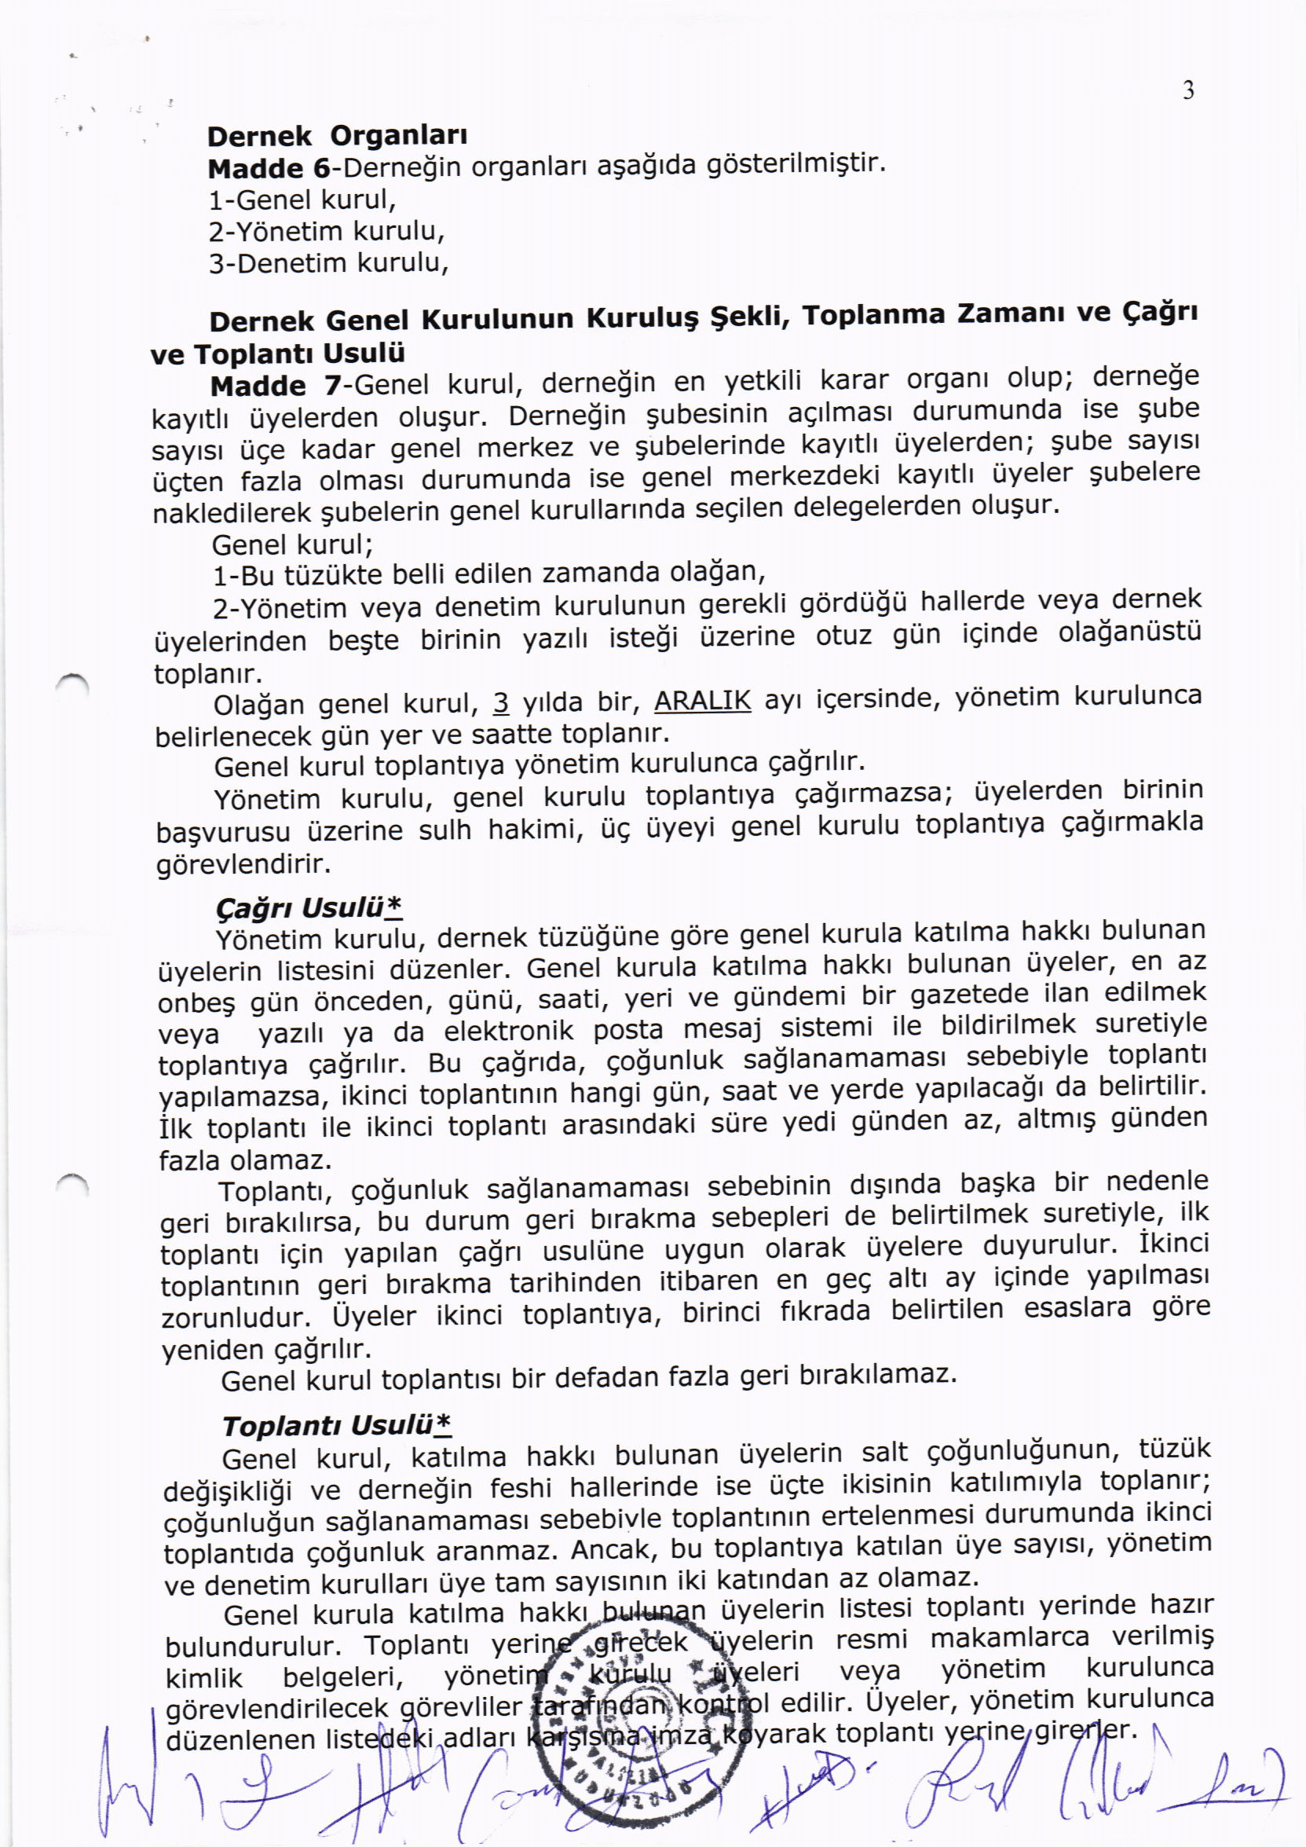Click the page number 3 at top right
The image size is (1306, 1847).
pyautogui.click(x=1187, y=91)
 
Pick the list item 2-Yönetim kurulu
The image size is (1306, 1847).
pyautogui.click(x=327, y=232)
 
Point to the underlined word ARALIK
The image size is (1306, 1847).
pyautogui.click(x=703, y=701)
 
